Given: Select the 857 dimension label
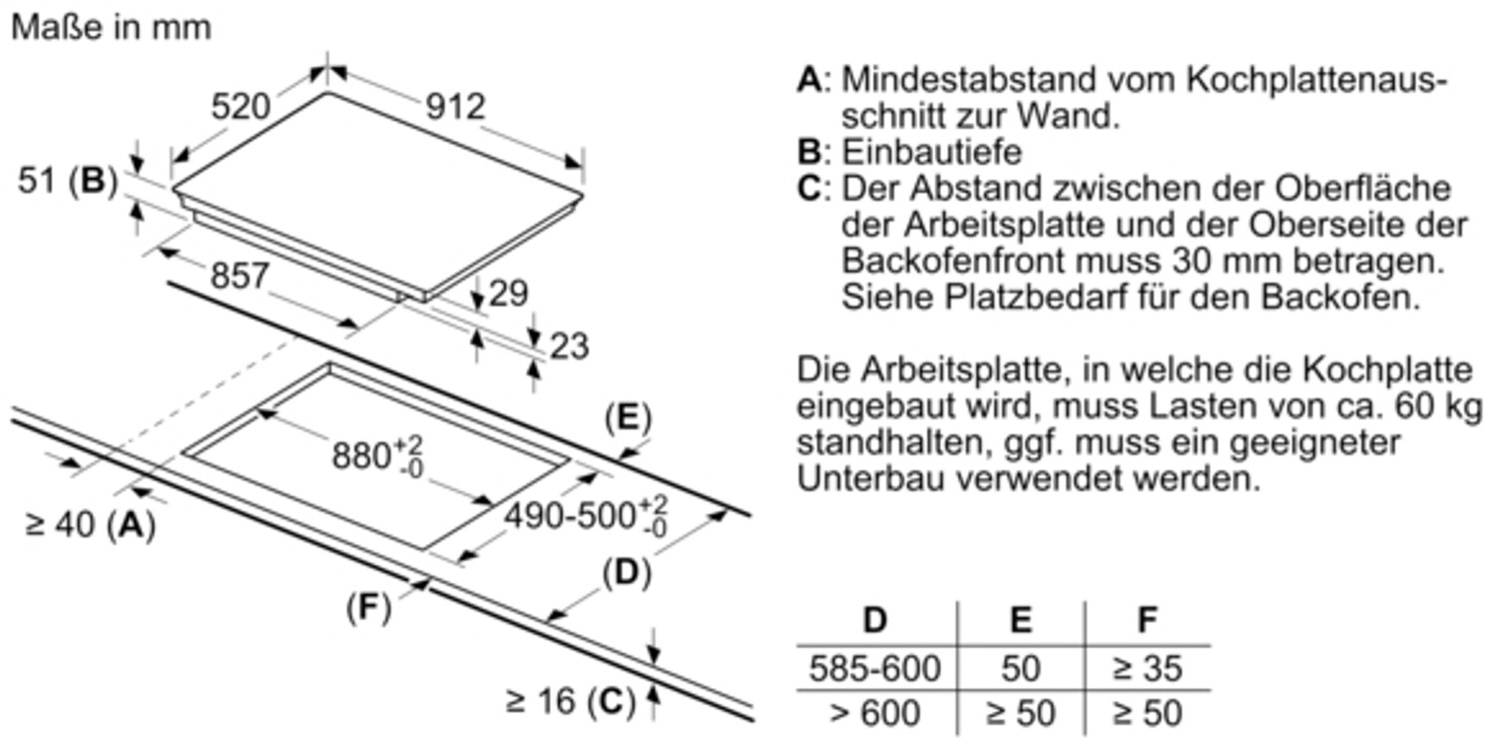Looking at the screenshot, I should (240, 276).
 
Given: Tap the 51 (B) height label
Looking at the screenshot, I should (67, 181).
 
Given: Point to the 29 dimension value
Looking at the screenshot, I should (509, 293).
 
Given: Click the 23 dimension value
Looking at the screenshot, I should (569, 346).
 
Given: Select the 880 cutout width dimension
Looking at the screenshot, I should (378, 455).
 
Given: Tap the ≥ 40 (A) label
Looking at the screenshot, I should (90, 525).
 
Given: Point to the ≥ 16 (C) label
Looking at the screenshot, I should (570, 702).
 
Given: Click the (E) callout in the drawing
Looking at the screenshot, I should (627, 418).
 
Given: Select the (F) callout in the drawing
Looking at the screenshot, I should (368, 608).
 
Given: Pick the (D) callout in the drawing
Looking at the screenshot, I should (626, 573).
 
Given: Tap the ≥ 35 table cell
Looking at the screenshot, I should (1147, 668).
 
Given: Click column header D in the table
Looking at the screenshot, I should (874, 620).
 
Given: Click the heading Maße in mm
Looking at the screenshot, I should (111, 27).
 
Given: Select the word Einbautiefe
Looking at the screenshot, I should (932, 152).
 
